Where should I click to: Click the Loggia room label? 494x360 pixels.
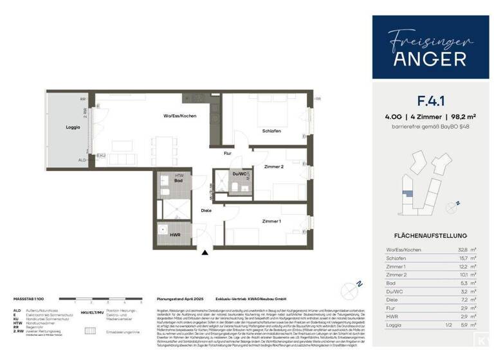coord(73,127)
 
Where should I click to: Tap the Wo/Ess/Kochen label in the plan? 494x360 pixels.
coord(179,115)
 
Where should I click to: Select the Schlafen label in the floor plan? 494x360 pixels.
coord(271,130)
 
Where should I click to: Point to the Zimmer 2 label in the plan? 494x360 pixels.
coord(273,166)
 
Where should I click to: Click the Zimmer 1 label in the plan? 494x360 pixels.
coord(271,221)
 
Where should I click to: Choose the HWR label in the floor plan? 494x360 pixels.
coord(175,234)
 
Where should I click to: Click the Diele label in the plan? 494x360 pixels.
coord(206,210)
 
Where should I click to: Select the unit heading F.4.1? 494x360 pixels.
coord(430,101)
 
